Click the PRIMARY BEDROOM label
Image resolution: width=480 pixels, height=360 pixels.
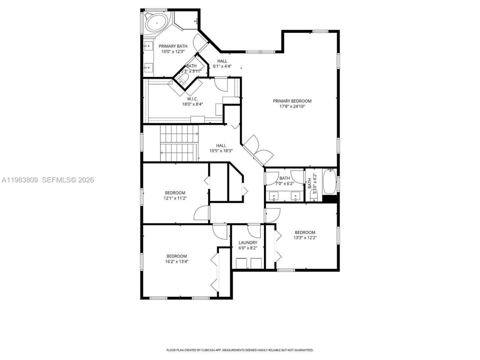pos(292,101)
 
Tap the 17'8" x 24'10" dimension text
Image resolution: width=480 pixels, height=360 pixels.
pos(292,106)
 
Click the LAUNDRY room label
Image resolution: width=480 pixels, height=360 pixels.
pos(248,243)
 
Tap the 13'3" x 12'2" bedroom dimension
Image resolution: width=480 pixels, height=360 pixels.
pos(304,237)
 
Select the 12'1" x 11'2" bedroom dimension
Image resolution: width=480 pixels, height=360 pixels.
pos(175,198)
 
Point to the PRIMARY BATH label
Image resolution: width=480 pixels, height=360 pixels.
pos(172,46)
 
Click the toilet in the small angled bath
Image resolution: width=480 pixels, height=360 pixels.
pos(184,78)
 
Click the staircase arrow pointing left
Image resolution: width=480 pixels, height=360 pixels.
pos(162,153)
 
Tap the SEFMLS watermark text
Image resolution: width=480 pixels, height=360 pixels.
pos(68,180)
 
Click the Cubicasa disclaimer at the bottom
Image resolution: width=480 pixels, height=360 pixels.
pos(240,350)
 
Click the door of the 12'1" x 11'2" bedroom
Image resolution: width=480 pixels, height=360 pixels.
pos(202,214)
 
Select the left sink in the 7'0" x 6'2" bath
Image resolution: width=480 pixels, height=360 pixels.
pos(274,196)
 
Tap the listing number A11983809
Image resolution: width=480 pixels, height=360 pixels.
pos(19,180)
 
